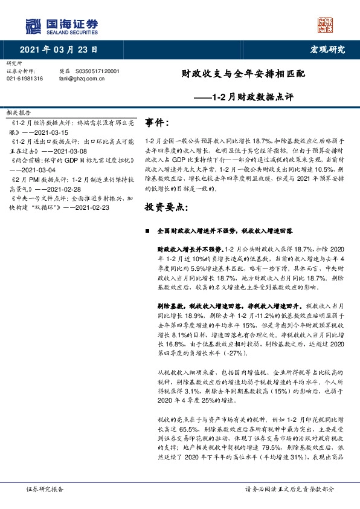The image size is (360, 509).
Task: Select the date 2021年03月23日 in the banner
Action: pos(58,50)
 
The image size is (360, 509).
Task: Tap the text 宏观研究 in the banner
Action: pos(327,50)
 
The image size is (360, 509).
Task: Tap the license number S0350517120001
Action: pos(97,71)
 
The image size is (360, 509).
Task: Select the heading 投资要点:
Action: pos(167,208)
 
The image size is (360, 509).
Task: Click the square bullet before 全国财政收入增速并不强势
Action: pos(148,232)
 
